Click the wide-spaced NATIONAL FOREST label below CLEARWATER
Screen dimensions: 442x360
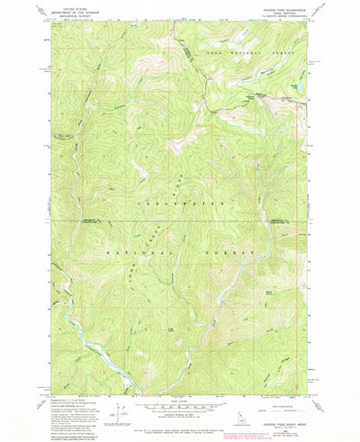coord(180,255)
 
